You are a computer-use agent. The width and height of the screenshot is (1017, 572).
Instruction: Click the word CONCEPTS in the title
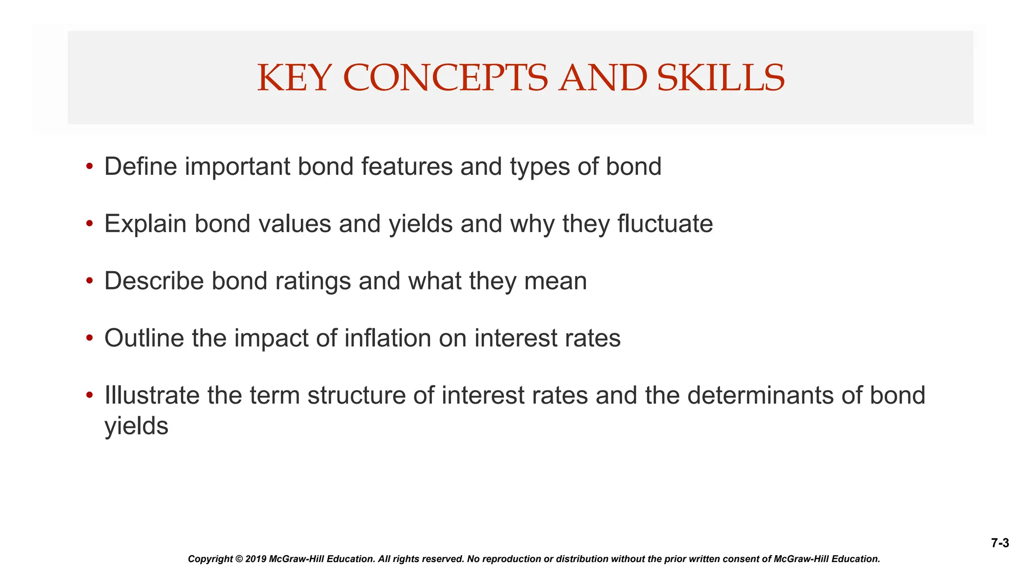[x=445, y=78]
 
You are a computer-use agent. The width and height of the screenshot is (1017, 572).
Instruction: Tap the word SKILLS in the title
[x=721, y=78]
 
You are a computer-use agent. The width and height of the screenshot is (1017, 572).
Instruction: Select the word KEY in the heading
[x=294, y=78]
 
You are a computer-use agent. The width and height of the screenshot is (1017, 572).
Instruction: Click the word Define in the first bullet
[x=141, y=166]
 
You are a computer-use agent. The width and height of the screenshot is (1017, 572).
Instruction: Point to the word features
[x=407, y=166]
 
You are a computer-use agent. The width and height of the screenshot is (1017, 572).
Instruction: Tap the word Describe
[x=154, y=281]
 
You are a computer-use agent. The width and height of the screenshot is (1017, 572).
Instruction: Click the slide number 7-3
[x=1000, y=543]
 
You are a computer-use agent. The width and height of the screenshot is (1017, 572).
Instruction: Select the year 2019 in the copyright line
[x=256, y=559]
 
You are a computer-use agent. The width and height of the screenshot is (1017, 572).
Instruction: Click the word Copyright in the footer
[x=210, y=559]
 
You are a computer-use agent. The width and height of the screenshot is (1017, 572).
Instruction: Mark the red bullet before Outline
[x=89, y=338]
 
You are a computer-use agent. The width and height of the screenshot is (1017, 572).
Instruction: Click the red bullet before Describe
[x=89, y=281]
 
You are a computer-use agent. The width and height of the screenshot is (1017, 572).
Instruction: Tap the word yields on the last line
[x=137, y=427]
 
